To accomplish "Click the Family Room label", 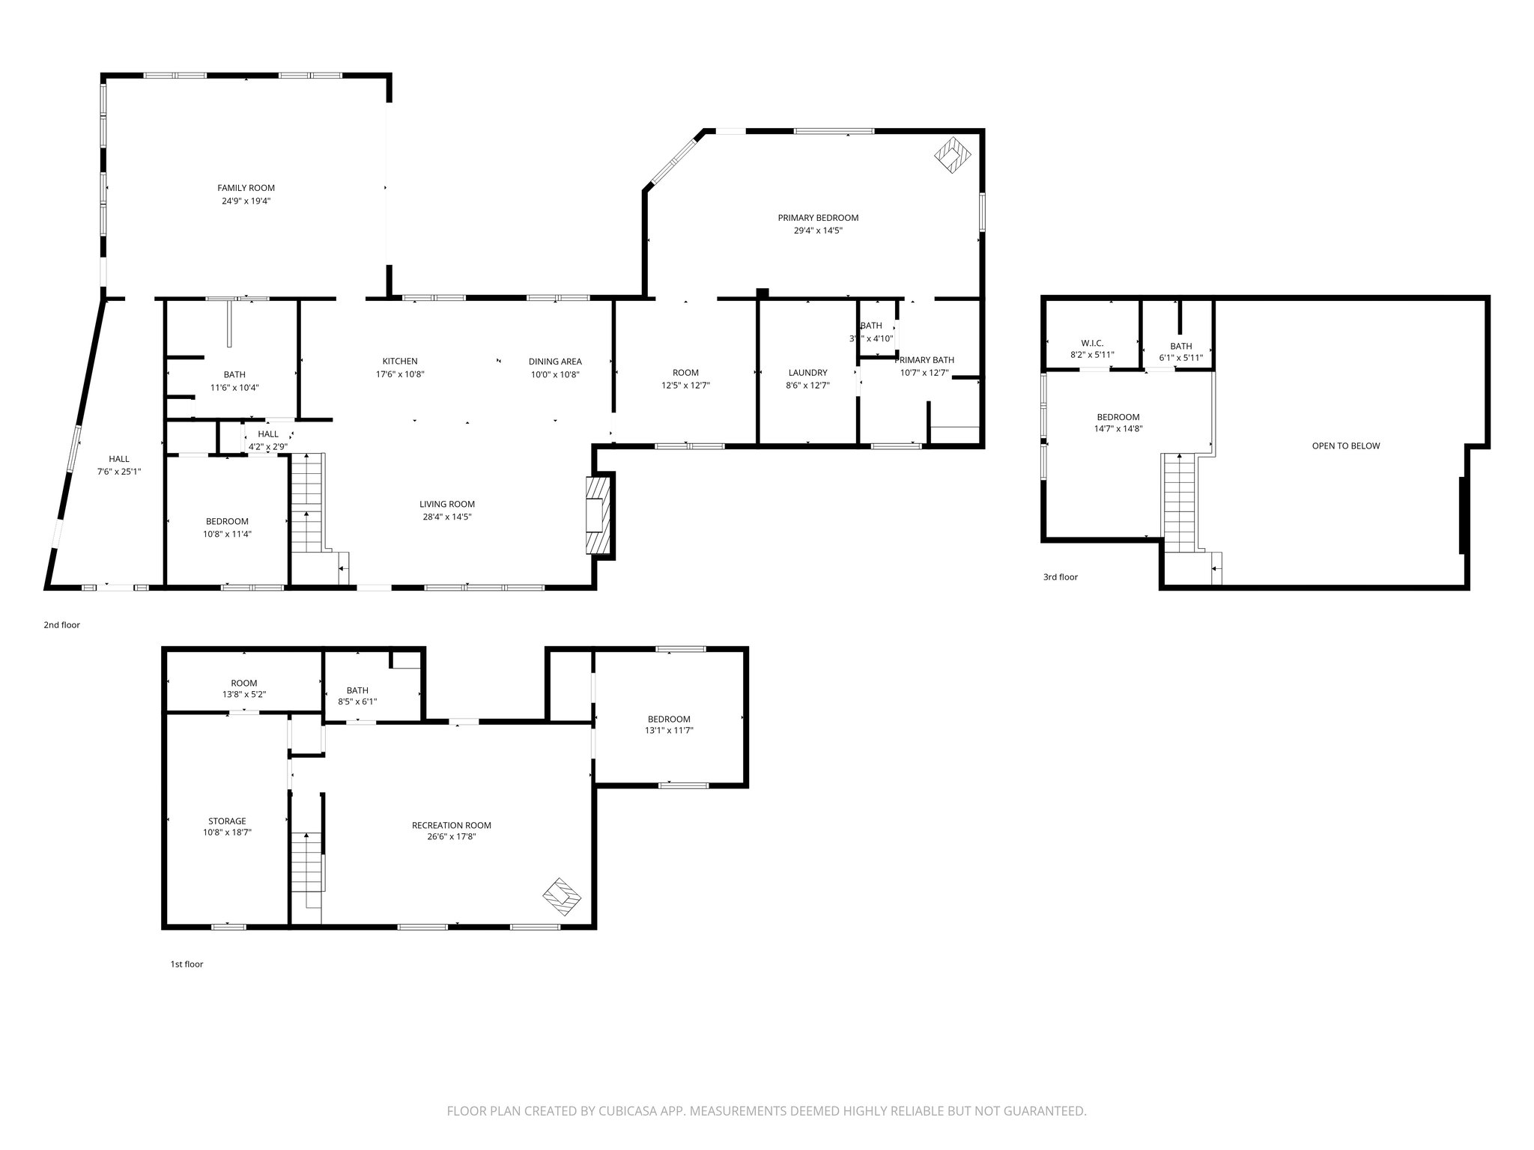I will coord(246,188).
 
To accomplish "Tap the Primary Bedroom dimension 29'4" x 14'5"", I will coord(818,231).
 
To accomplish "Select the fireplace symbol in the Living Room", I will coord(598,517).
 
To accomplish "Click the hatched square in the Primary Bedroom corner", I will coord(953,156).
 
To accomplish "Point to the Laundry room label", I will coord(807,372).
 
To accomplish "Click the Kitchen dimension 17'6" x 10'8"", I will coord(400,374).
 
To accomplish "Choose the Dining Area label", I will coord(554,361).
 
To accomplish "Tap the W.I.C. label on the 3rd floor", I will coord(1092,343).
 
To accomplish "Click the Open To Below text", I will coord(1345,445).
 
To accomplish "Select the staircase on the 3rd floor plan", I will coord(1179,502).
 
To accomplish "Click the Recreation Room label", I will coord(451,825).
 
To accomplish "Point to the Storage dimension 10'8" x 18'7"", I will coord(227,832).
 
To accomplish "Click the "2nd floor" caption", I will coord(61,624).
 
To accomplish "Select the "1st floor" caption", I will coord(187,964).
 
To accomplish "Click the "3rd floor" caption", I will coord(1060,577).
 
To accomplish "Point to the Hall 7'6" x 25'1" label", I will coord(118,459).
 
